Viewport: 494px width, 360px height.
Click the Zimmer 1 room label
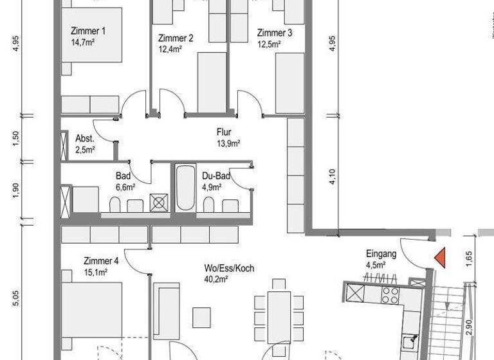(87, 31)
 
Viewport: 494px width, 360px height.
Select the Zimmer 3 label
(275, 33)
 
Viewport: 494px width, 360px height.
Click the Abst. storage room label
(85, 139)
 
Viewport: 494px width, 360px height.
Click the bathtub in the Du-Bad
(185, 188)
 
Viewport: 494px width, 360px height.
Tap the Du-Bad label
(212, 176)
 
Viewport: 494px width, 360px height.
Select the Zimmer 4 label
(101, 261)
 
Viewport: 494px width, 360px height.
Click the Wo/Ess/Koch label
(229, 267)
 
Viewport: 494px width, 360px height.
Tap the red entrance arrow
(440, 256)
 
